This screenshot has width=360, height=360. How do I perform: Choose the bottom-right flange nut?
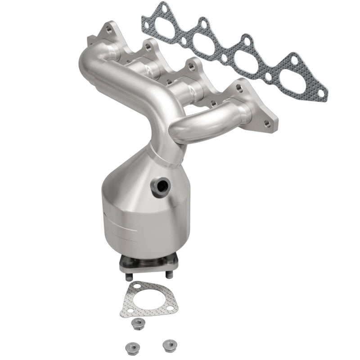169,344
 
